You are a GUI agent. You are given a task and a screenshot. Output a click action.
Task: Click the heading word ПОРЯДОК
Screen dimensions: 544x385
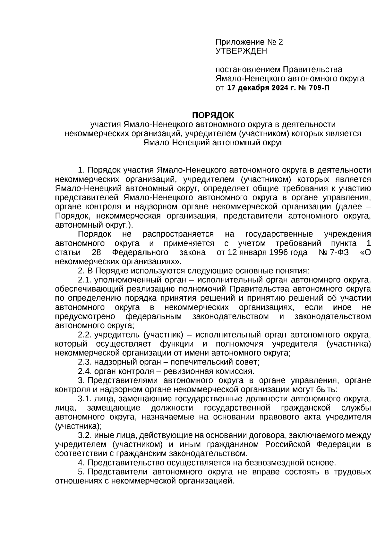213,115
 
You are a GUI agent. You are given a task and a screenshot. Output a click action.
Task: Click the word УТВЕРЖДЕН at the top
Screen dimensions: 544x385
241,51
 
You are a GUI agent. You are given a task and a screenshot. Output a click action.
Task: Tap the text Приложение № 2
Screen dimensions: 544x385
249,42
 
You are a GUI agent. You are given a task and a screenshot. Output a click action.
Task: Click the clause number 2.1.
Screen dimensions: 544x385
85,280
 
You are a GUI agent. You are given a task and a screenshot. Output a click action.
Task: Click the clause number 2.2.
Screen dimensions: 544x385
85,335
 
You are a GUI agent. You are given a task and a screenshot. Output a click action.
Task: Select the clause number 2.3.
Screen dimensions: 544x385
85,362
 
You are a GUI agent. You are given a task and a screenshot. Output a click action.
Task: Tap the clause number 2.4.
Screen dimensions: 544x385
85,372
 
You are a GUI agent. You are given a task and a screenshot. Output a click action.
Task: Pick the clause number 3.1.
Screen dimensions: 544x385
85,399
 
